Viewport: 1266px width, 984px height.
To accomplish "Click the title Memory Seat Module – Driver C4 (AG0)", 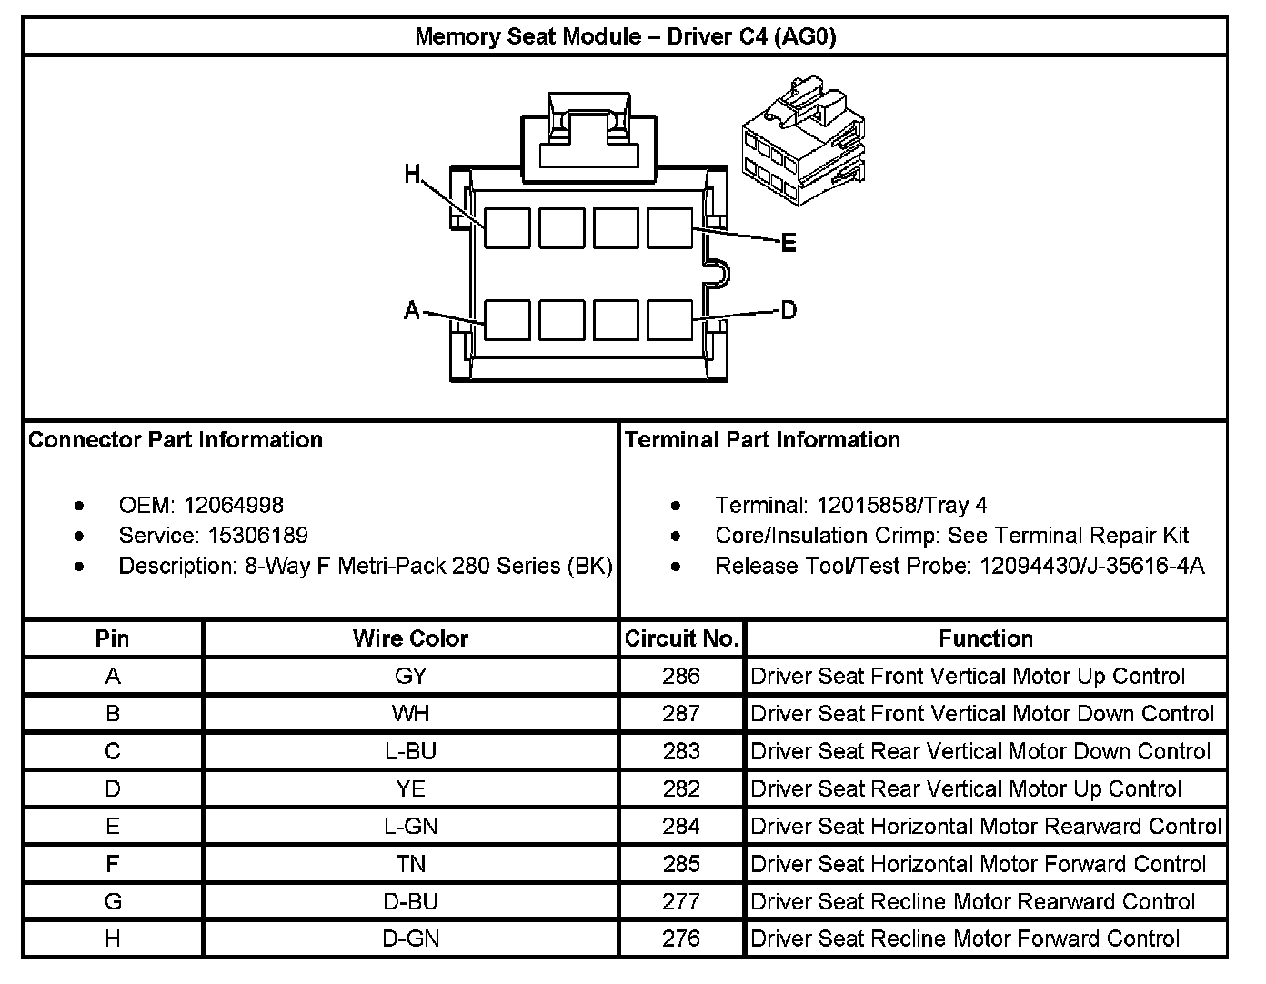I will point(625,36).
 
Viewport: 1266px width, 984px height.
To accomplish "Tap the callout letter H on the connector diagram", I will point(413,173).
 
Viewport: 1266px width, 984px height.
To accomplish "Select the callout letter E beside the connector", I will point(789,243).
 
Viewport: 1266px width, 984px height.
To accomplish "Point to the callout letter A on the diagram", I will point(412,311).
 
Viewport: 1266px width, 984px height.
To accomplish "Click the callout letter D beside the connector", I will point(789,311).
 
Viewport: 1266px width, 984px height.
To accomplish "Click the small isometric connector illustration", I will point(801,142).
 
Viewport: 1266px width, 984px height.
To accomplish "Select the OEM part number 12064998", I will point(233,505).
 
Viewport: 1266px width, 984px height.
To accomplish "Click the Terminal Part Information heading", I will point(762,440).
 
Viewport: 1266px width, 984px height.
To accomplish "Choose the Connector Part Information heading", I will point(176,440).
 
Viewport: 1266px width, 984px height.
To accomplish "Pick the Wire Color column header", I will point(410,638).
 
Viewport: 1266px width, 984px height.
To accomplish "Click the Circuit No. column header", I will point(681,638).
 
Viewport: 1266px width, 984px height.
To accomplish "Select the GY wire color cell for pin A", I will point(410,676).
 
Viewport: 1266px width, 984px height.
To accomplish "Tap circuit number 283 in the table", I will point(681,751).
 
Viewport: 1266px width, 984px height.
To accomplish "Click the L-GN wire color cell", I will point(410,826).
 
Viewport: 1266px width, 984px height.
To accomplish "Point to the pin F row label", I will point(113,864).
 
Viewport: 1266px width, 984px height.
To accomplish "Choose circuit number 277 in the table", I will point(681,901).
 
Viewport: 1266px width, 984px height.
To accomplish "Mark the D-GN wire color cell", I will point(410,939).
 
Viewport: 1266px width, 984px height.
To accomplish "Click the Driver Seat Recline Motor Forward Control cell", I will point(965,939).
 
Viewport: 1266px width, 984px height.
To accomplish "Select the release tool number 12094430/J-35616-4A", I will point(1091,567).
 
